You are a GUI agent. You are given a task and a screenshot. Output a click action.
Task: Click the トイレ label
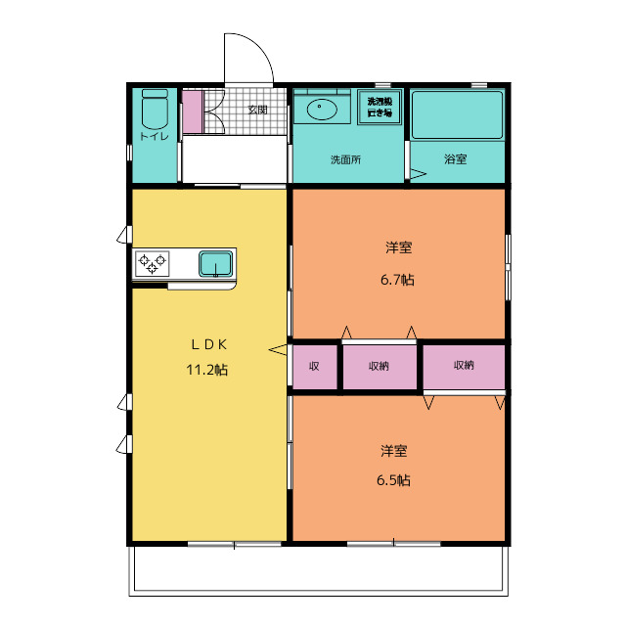pos(154,136)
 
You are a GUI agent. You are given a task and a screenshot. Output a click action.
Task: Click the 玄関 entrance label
pos(257,110)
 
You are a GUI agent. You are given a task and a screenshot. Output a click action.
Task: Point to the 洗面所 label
pos(344,159)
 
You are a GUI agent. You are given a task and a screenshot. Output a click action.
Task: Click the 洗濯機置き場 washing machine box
pos(380,107)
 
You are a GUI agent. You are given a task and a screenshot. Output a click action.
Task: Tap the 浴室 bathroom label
pos(455,159)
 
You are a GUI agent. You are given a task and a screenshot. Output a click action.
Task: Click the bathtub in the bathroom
pos(456,115)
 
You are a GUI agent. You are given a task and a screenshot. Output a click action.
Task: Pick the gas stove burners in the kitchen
pos(153,263)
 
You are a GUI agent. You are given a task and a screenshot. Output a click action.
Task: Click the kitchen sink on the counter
pos(215,263)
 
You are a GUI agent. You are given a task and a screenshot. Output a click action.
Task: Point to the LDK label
pos(208,344)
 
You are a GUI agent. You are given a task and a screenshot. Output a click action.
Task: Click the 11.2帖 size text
pos(207,371)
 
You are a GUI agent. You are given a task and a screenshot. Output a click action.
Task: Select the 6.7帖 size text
pos(397,280)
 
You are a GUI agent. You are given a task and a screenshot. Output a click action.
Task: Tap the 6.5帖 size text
pos(395,480)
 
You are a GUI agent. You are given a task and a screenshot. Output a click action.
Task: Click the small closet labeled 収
pos(314,367)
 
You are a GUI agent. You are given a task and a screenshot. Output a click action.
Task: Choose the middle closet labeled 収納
pos(380,367)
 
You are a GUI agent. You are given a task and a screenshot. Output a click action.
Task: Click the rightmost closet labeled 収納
pos(464,366)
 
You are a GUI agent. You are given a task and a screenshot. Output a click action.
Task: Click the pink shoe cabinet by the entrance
pos(192,111)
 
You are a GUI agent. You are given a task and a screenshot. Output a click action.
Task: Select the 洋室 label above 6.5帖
pos(394,451)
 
